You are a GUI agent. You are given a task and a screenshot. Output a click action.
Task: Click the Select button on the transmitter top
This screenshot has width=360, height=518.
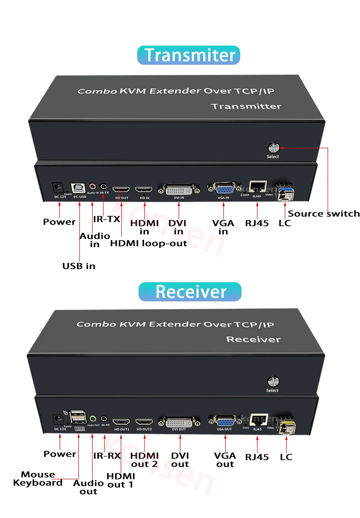tap(273, 147)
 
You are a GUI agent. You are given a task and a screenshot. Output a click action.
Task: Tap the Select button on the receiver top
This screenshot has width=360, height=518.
tap(273, 381)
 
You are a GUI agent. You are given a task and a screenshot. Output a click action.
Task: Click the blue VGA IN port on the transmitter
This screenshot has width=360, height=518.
tap(224, 189)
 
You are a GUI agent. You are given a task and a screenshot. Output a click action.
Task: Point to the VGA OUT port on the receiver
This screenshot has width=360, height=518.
tap(224, 421)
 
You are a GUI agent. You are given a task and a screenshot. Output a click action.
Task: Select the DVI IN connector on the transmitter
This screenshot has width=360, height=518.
tap(179, 189)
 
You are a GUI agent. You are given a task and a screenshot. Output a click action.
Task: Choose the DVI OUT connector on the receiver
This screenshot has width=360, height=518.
tap(179, 422)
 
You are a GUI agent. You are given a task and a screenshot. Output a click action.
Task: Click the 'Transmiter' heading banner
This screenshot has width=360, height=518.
tap(188, 55)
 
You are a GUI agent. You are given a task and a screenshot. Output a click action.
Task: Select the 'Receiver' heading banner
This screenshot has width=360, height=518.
tap(190, 291)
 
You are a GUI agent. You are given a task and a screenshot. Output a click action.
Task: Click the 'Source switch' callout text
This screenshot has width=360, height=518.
tap(324, 213)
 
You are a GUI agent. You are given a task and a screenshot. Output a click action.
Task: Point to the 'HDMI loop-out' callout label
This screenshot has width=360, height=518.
tap(149, 243)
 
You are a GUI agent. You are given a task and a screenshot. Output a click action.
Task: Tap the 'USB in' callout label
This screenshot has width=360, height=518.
tap(79, 266)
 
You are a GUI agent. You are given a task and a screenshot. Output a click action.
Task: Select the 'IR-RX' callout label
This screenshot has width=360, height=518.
tap(107, 456)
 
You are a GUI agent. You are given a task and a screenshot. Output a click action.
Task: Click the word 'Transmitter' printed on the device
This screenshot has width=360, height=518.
tap(246, 106)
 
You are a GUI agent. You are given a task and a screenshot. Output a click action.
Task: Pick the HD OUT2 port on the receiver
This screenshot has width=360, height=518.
tap(145, 422)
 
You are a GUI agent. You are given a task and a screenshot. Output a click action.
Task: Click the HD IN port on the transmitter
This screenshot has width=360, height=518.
tap(144, 189)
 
